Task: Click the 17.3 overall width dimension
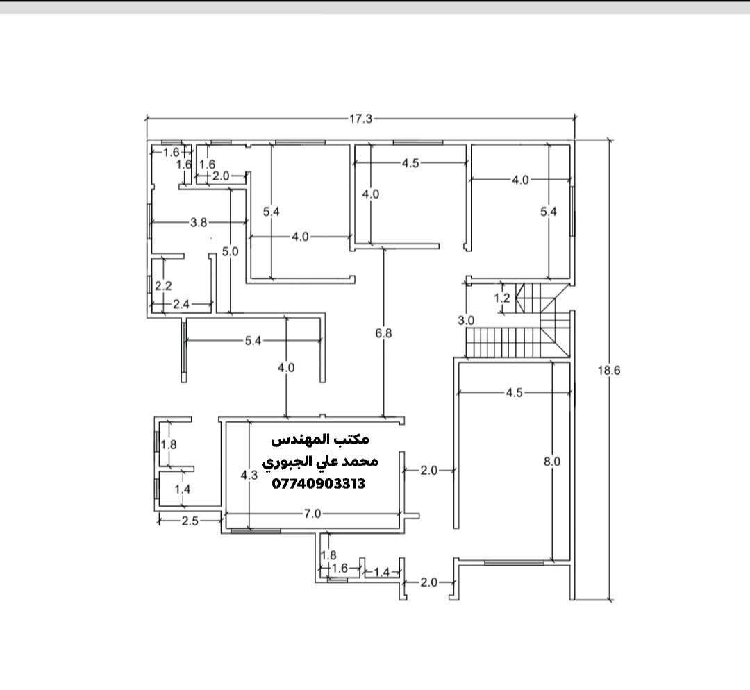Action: (360, 119)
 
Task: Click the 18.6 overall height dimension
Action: (609, 370)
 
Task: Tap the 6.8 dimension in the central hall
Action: (383, 333)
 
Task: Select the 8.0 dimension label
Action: (552, 462)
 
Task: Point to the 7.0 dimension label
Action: (312, 514)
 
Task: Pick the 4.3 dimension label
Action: (249, 475)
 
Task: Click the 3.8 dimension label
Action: (199, 222)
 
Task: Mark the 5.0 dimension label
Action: (230, 251)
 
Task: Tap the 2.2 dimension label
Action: (163, 285)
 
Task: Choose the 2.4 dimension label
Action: (181, 304)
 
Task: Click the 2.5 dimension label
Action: (190, 521)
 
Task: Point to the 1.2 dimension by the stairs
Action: (502, 298)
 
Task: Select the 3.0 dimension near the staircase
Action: (466, 321)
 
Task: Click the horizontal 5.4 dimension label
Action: (253, 340)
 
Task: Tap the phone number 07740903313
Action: (319, 484)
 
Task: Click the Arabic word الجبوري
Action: (287, 462)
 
